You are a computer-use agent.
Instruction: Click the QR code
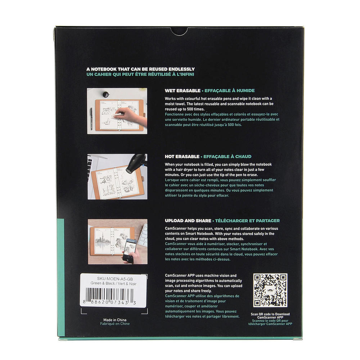pyautogui.click(x=270, y=290)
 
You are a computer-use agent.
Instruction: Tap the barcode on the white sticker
pyautogui.click(x=109, y=294)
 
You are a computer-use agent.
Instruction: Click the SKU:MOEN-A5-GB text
pyautogui.click(x=115, y=279)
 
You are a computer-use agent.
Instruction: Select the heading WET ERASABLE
pyautogui.click(x=183, y=91)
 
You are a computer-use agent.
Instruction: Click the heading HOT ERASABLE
pyautogui.click(x=182, y=157)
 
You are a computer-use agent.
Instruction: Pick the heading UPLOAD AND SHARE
pyautogui.click(x=188, y=221)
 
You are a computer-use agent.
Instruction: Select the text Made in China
pyautogui.click(x=115, y=320)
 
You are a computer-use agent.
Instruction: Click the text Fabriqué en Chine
pyautogui.click(x=115, y=324)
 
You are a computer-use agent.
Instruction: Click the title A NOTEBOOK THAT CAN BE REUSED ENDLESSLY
pyautogui.click(x=140, y=69)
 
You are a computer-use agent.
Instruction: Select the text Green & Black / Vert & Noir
pyautogui.click(x=113, y=284)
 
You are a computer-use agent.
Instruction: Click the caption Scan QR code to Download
pyautogui.click(x=270, y=314)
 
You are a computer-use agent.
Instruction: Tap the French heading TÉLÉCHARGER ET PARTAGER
pyautogui.click(x=247, y=221)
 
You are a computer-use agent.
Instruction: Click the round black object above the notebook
pyautogui.click(x=105, y=94)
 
